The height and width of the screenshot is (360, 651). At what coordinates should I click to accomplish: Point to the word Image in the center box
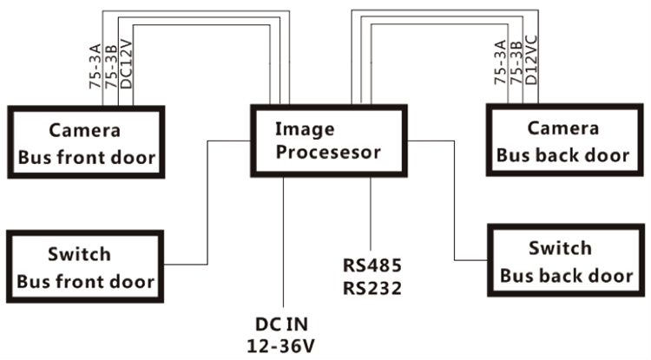click(x=299, y=129)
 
